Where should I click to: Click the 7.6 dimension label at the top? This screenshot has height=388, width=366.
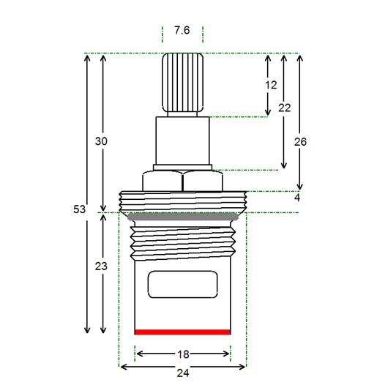click(182, 30)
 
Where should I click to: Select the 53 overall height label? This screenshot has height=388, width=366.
click(79, 209)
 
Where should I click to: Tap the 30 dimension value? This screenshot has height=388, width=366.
click(101, 141)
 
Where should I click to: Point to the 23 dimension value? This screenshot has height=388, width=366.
click(101, 266)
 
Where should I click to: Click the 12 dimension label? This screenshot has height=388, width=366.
click(271, 85)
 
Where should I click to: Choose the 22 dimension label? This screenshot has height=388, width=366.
click(285, 108)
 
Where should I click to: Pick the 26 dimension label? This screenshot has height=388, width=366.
click(300, 142)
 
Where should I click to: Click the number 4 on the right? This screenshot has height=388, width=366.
click(297, 198)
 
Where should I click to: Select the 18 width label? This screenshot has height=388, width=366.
click(184, 354)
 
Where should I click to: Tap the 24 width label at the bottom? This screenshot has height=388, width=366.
click(183, 373)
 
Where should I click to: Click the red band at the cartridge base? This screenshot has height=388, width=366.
click(182, 332)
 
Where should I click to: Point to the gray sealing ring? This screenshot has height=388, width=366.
click(182, 217)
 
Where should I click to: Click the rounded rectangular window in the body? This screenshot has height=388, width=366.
click(182, 284)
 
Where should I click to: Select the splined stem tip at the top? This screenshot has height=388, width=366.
click(183, 83)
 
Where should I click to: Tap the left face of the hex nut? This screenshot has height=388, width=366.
click(163, 181)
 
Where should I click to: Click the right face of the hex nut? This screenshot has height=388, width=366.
click(203, 181)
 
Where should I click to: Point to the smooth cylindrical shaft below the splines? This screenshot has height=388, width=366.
click(182, 141)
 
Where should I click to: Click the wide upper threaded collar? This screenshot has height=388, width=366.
click(183, 201)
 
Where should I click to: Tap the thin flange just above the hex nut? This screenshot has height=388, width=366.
click(182, 168)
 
